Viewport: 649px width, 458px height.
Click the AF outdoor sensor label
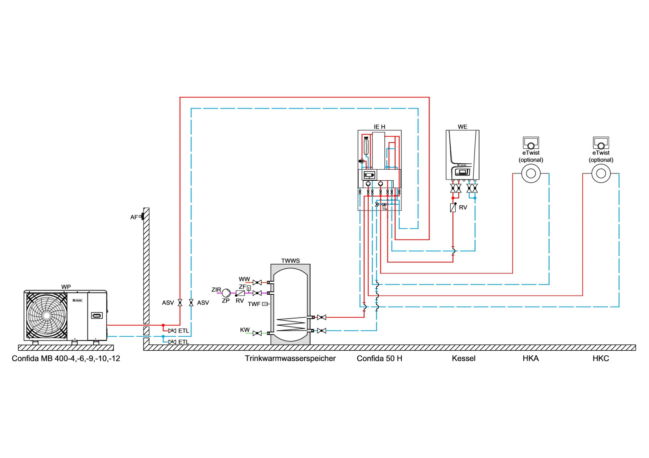tap(134, 217)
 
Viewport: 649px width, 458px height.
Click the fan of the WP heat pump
tap(46, 316)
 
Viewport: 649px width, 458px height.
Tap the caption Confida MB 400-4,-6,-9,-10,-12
tap(66, 358)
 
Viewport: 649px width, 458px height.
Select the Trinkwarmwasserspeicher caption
tap(290, 358)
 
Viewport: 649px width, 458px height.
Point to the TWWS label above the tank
tap(291, 261)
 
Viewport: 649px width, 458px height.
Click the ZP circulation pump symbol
tap(226, 293)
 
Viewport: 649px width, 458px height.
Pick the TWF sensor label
tap(254, 304)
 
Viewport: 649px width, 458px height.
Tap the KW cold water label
tap(245, 330)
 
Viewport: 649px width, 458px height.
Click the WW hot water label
tap(244, 279)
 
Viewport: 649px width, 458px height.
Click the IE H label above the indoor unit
tap(379, 127)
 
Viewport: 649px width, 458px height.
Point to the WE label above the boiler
tap(463, 127)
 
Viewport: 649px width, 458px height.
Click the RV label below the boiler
tap(463, 207)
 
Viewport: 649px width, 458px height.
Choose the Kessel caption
tap(463, 358)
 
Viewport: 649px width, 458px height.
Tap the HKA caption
tap(530, 358)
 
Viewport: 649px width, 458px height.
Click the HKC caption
tap(601, 358)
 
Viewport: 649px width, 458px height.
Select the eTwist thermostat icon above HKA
tap(530, 142)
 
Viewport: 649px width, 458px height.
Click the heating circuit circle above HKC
tap(601, 173)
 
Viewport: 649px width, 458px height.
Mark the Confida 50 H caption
tap(379, 358)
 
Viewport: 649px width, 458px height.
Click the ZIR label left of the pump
tap(216, 290)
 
